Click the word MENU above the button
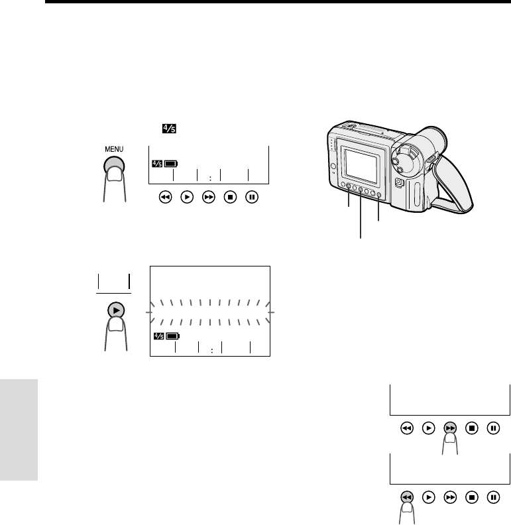114,149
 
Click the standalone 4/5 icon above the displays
169,129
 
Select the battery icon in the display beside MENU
171,164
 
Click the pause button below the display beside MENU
252,197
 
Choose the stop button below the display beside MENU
230,197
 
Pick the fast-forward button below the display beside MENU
209,197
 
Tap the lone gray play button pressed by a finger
116,310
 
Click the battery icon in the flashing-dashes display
173,336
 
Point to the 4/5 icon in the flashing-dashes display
158,336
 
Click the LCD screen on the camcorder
361,166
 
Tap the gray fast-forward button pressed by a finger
450,428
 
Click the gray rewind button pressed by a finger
407,496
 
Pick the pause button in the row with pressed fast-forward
493,428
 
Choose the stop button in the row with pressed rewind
472,497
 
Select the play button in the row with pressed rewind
429,497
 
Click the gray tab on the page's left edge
19,430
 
